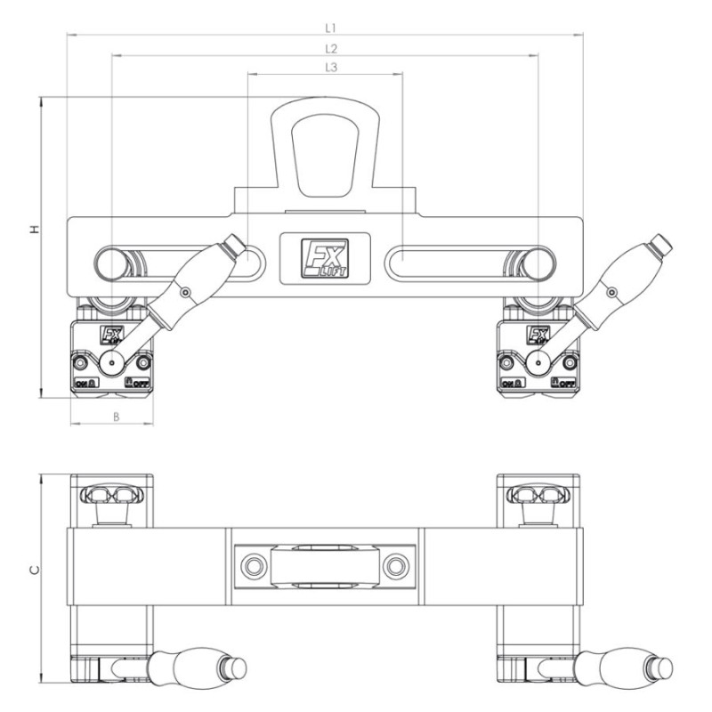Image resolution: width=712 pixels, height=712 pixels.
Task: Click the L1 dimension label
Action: coord(330,28)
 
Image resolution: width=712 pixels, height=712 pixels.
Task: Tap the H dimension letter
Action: coord(34,230)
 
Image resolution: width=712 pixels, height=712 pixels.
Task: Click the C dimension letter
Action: coord(34,570)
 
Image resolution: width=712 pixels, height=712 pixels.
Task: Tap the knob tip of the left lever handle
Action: coord(233,243)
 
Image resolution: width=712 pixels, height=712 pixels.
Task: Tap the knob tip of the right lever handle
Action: coord(659,243)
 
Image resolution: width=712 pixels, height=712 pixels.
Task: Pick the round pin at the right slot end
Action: coord(538,264)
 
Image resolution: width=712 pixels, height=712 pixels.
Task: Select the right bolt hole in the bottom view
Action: coord(395,566)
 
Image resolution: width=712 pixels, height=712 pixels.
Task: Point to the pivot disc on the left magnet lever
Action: coord(114,360)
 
